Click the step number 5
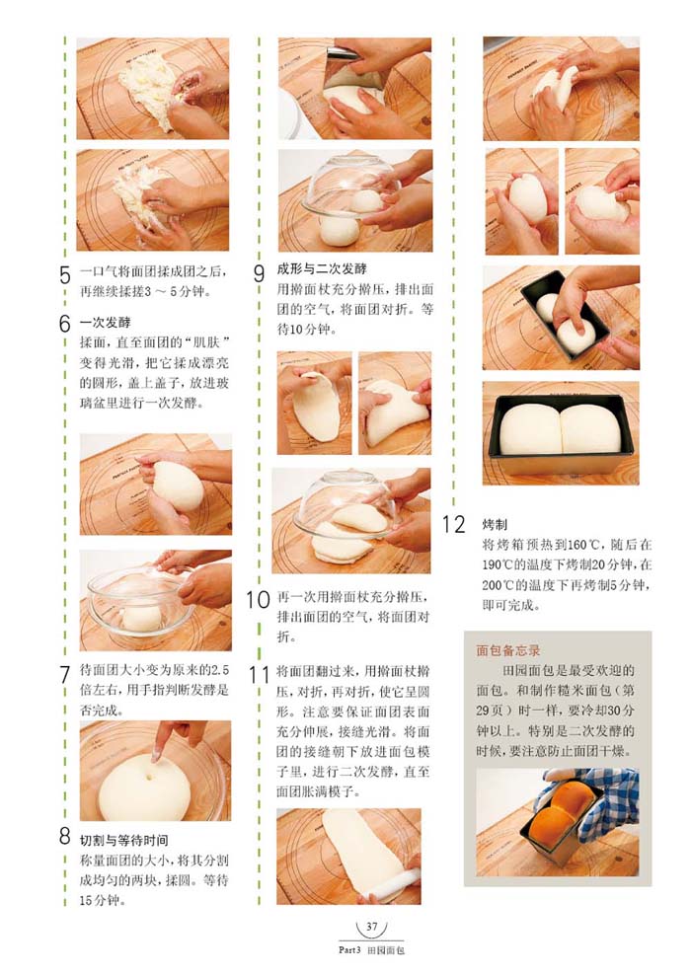click(65, 274)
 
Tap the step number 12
click(453, 524)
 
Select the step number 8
click(65, 836)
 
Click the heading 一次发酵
click(105, 322)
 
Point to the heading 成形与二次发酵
click(322, 268)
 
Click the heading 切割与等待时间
click(123, 840)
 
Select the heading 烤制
click(495, 524)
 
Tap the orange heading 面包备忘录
click(508, 650)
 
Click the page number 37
click(372, 926)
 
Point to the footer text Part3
click(349, 949)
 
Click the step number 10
click(258, 599)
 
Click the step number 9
click(260, 273)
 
